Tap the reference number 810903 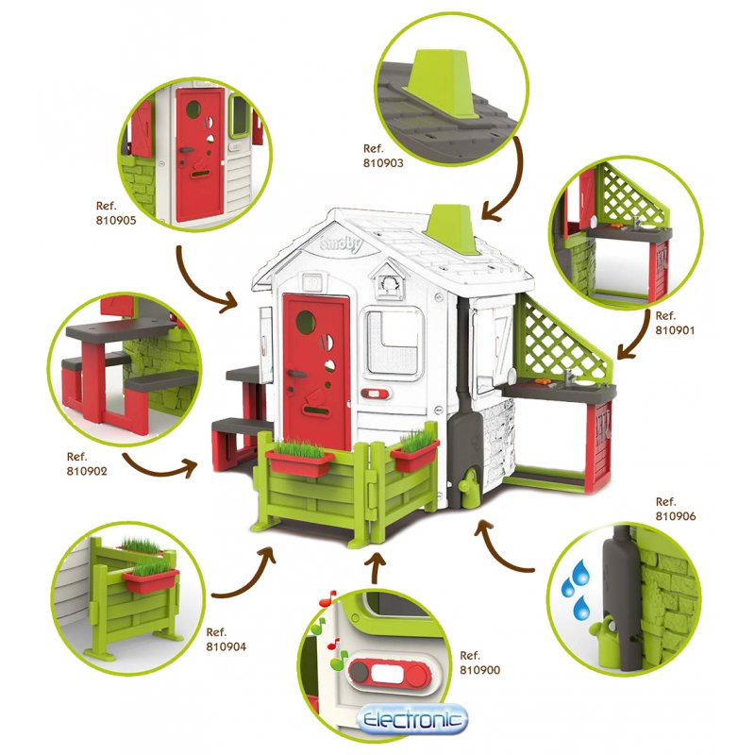pos(382,162)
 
